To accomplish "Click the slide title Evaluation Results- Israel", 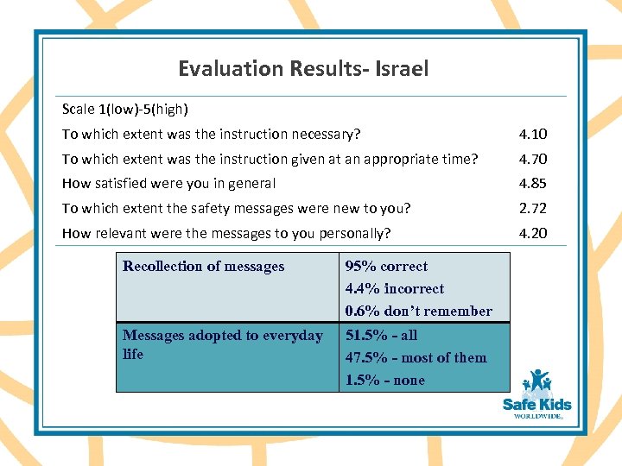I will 303,68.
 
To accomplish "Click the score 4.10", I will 532,134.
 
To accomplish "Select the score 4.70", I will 532,159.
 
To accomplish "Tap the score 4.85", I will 532,183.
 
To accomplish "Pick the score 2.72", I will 532,208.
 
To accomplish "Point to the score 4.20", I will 532,233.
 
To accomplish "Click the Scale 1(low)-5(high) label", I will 125,109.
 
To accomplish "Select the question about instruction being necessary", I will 211,134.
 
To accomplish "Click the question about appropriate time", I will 269,159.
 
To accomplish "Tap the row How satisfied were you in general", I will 168,183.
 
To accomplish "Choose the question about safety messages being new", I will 236,208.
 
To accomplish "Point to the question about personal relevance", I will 226,233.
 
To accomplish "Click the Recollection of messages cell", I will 203,267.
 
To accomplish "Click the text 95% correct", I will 386,267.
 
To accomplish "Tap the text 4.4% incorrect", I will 394,289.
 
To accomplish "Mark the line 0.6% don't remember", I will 418,312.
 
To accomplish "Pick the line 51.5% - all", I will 381,336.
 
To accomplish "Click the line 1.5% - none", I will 384,381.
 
